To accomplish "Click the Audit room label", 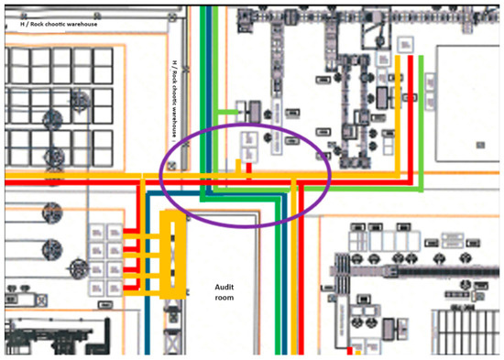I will pos(225,291).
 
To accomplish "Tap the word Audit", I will pos(225,286).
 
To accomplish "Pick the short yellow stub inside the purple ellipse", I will pos(240,167).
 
